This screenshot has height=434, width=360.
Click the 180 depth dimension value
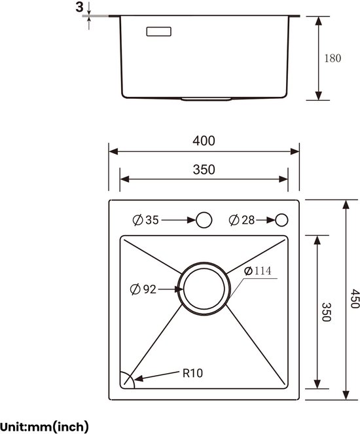[x=333, y=58]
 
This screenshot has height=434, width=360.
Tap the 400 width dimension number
[x=204, y=141]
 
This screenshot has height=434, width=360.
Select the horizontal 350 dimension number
[x=204, y=170]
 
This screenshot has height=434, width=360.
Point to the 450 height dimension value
[x=355, y=298]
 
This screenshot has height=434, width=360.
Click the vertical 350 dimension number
[x=327, y=312]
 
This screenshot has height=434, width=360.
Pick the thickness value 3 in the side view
[x=79, y=7]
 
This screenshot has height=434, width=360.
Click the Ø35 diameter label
[x=145, y=220]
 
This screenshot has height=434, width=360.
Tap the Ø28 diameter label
[x=242, y=220]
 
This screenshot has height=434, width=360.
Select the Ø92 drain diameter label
[x=143, y=289]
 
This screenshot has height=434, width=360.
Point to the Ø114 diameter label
[x=258, y=271]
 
